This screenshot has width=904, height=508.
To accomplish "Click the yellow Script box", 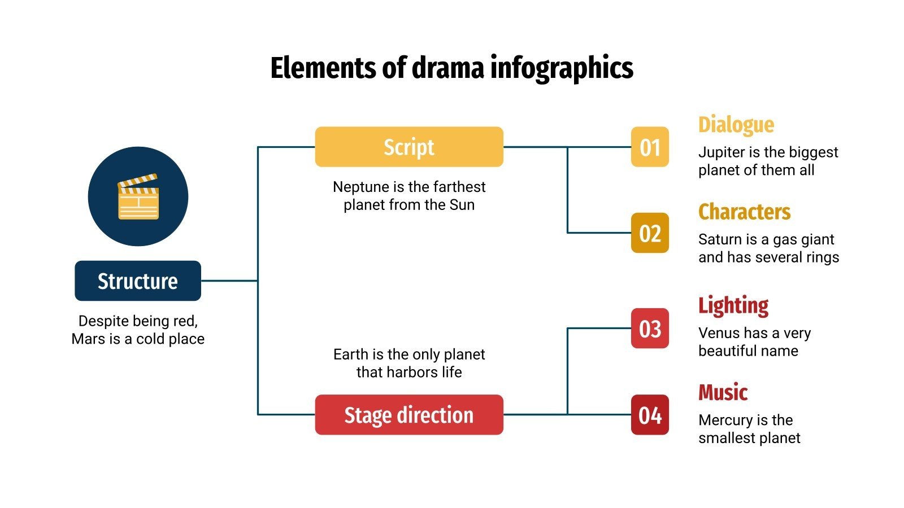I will click(x=408, y=147).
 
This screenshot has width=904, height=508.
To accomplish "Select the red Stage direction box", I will click(x=408, y=415).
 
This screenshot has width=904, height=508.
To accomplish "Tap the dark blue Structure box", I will click(x=138, y=281).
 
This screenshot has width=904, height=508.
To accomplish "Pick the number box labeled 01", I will click(x=650, y=147).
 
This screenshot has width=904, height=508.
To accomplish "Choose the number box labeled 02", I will click(x=650, y=233).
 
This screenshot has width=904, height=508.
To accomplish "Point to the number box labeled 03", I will click(x=650, y=329).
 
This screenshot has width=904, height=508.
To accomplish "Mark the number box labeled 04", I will click(x=650, y=415).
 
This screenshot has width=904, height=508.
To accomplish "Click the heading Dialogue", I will click(x=736, y=125).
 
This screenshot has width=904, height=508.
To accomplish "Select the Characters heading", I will click(x=744, y=212).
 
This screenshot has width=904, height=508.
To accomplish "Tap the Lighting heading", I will click(x=733, y=305).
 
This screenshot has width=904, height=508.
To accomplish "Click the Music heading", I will click(x=723, y=392).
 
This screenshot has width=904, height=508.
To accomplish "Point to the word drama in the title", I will click(x=448, y=68).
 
